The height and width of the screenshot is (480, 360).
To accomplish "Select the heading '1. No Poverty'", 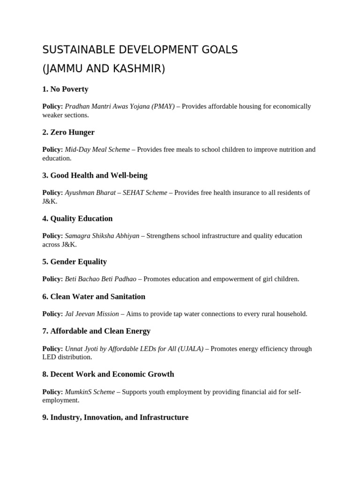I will click(65, 89).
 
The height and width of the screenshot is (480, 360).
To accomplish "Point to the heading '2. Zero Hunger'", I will click(68, 132).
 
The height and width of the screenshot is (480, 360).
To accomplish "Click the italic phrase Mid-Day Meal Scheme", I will click(97, 150).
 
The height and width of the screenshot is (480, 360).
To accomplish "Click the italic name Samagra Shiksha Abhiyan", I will click(102, 236).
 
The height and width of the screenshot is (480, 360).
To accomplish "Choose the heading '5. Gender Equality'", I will click(75, 262).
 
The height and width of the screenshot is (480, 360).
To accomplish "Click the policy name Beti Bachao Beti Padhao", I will click(101, 279).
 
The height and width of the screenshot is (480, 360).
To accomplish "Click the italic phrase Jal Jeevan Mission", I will click(92, 314).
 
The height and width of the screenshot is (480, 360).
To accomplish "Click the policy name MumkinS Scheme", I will click(90, 392).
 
